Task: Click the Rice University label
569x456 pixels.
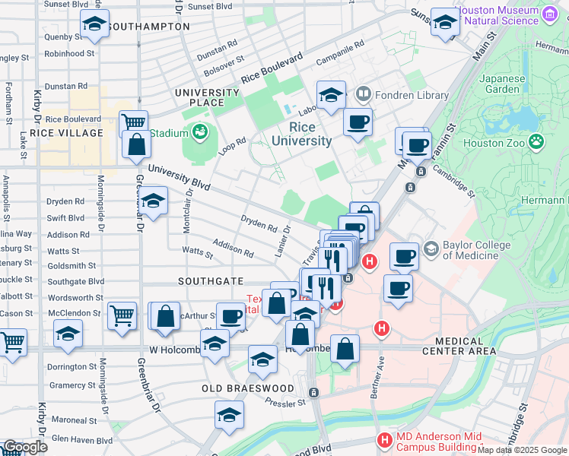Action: (310, 135)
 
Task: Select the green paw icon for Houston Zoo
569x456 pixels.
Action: (537, 141)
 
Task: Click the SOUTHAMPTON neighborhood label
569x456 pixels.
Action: (148, 27)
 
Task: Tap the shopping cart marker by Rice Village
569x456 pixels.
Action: (133, 122)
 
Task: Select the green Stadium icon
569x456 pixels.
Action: (200, 133)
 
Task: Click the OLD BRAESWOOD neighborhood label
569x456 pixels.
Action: (247, 388)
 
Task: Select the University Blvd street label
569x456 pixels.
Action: (179, 177)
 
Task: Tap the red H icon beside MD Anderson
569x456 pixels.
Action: (385, 440)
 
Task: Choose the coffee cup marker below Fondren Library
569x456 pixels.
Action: (357, 122)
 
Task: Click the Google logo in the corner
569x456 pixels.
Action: (24, 447)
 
